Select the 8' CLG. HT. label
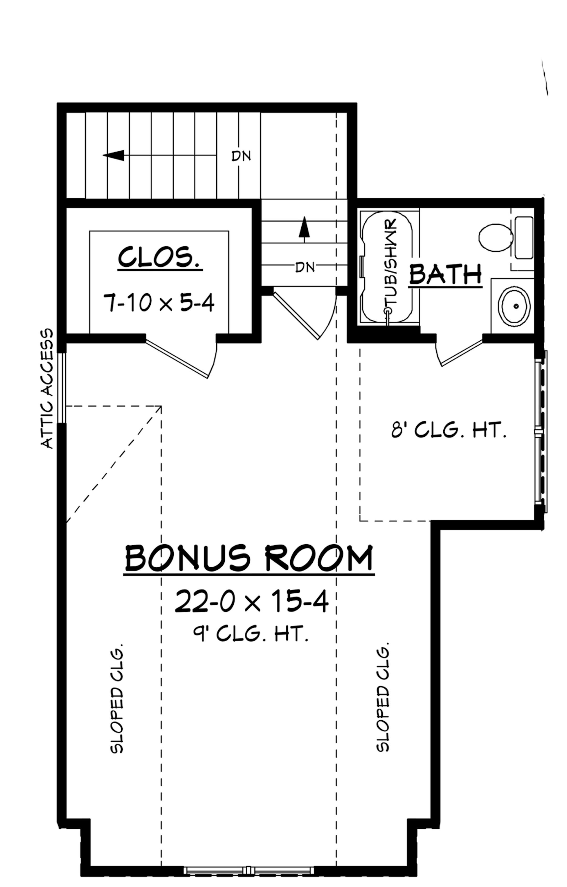pos(448,430)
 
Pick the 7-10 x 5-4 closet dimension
pos(159,303)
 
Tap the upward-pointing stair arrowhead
pos(304,227)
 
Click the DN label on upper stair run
pos(241,156)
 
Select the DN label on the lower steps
pos(305,267)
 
